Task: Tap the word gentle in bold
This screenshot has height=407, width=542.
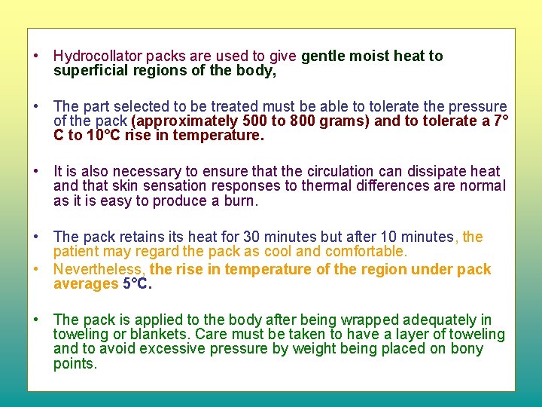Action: point(324,57)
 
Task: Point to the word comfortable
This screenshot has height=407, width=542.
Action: point(364,252)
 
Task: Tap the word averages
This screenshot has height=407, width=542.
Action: point(84,284)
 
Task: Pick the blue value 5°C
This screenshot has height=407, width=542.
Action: point(139,284)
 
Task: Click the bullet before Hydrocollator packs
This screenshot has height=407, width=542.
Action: point(36,57)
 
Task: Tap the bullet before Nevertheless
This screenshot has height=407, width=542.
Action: point(36,269)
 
